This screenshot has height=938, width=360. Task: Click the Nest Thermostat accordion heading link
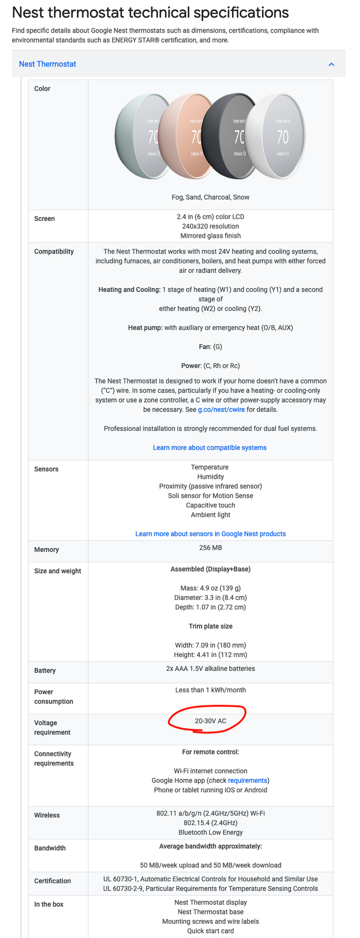tap(47, 64)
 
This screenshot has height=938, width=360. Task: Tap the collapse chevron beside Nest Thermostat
tap(332, 64)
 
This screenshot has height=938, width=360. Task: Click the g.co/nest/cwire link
tap(221, 409)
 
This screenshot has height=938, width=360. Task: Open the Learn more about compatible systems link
tap(210, 448)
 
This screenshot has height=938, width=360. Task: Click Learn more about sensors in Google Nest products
tap(211, 534)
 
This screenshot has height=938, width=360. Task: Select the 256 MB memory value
tap(211, 548)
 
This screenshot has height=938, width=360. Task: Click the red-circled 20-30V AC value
tap(211, 721)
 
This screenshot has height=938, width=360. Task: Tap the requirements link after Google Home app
tap(248, 780)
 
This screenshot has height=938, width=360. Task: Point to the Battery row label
tap(45, 671)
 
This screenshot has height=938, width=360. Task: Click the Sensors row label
tap(46, 469)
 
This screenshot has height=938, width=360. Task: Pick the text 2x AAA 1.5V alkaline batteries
tap(211, 668)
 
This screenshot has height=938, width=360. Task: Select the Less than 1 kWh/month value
tap(211, 690)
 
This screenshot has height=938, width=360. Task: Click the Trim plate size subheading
tap(211, 626)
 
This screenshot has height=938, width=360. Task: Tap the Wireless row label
tap(47, 815)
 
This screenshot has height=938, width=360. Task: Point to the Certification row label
tap(52, 881)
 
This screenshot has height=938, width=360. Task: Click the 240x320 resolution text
tap(211, 226)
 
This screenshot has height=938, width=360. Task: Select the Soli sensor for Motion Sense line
tap(211, 496)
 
